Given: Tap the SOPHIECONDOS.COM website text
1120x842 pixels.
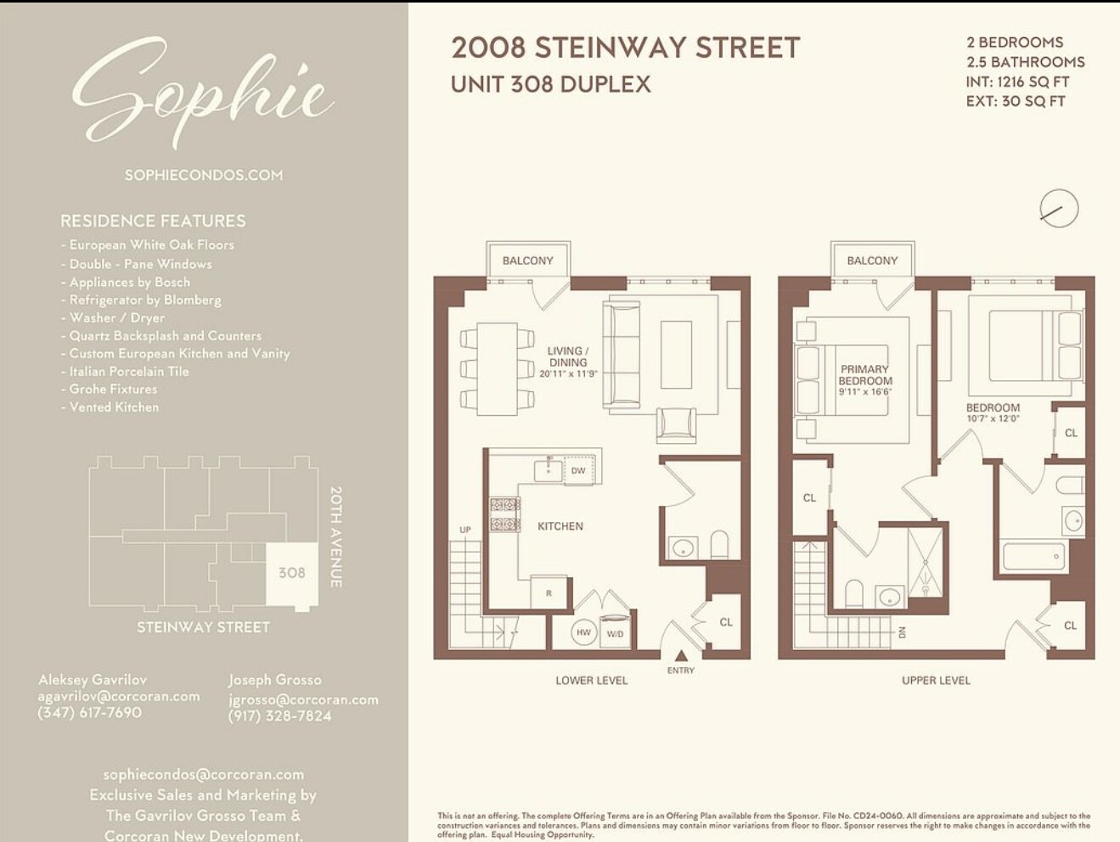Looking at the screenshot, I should [204, 175].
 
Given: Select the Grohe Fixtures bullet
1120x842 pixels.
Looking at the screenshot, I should [113, 390].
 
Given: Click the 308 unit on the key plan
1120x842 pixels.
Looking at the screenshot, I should [291, 573].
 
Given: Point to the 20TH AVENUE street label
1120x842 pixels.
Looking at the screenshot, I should [335, 536].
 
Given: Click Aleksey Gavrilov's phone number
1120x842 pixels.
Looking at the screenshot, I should [89, 713].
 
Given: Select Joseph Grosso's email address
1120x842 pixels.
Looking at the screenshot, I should [303, 699].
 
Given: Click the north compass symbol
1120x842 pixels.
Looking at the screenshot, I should [1058, 209].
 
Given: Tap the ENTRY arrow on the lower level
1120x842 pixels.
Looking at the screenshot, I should [681, 655].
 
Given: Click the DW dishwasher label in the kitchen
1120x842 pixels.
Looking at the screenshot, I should [578, 470].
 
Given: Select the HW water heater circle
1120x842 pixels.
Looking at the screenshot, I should [583, 632].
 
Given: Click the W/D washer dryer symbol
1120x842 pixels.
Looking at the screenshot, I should [615, 633].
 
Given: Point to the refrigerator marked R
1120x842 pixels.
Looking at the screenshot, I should [549, 592].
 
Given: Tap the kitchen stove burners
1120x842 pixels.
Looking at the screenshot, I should [504, 514].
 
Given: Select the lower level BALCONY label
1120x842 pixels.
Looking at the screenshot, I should [527, 261].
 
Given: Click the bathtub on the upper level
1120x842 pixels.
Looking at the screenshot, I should [1033, 558].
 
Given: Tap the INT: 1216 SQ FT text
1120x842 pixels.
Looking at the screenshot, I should [1017, 82].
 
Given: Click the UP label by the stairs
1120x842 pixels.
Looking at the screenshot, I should [465, 530].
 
